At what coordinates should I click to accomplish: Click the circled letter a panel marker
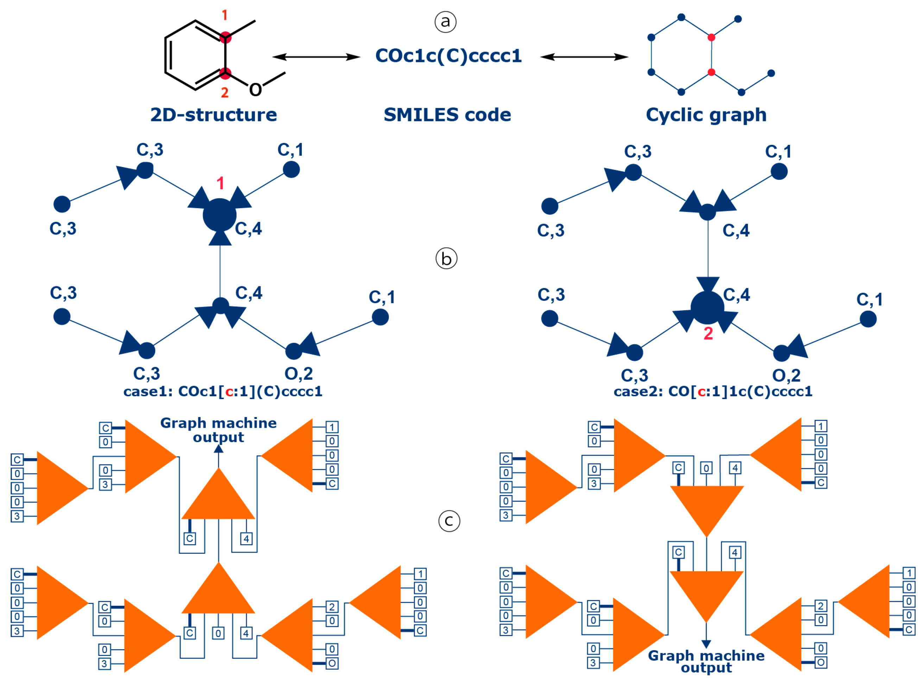click(x=445, y=21)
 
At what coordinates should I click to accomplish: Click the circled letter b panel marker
click(x=446, y=258)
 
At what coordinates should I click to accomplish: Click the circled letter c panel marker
click(x=449, y=521)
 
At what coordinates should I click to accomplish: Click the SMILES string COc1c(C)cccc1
click(x=448, y=56)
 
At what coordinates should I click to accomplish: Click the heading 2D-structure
click(x=213, y=115)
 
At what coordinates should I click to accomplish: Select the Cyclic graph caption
click(x=706, y=115)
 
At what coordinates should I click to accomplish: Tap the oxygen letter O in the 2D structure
click(x=255, y=89)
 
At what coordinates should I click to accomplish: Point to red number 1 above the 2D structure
click(x=224, y=15)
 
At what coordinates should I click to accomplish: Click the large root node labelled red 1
click(x=220, y=215)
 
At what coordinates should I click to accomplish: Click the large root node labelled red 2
click(x=707, y=308)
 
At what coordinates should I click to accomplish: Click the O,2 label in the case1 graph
click(x=299, y=374)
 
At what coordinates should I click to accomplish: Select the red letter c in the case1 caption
click(x=229, y=391)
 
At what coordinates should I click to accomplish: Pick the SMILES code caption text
click(x=447, y=115)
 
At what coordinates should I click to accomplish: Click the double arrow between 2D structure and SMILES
click(x=316, y=57)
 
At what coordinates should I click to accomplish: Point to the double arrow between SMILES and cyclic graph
click(x=584, y=57)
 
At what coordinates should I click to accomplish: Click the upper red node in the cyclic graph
click(x=711, y=38)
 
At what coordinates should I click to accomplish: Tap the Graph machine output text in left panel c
click(x=218, y=430)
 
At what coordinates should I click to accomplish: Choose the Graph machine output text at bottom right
click(x=706, y=661)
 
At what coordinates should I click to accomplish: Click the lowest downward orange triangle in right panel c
click(x=707, y=593)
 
